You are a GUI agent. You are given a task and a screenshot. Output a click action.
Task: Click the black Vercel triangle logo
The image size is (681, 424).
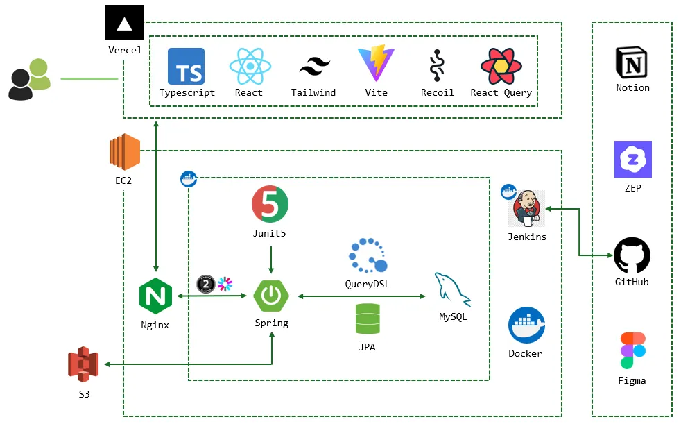point(124,23)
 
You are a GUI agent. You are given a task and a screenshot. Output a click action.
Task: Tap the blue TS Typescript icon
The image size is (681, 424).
point(186,66)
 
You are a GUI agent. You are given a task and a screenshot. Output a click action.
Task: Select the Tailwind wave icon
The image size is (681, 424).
point(314,67)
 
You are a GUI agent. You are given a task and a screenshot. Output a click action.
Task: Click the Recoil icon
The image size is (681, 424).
point(437,67)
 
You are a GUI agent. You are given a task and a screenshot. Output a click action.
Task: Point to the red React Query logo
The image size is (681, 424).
point(501,66)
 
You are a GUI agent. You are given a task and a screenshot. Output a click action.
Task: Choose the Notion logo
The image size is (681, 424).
point(632,62)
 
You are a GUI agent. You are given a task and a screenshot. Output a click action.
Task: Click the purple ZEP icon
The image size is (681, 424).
point(632,160)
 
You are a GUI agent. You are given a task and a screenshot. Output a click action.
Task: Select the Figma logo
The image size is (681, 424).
point(632,350)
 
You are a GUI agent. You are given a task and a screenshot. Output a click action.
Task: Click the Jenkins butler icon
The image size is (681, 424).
point(527,208)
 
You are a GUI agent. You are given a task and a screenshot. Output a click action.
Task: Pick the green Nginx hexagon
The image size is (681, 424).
point(155,296)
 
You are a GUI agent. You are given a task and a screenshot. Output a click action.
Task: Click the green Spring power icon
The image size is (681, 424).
point(271,296)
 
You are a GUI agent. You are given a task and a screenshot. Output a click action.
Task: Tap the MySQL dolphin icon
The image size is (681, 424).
point(452,289)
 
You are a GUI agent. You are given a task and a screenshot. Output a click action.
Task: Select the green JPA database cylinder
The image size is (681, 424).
point(367,320)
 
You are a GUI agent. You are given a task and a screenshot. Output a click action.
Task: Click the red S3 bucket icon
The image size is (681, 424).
point(83,365)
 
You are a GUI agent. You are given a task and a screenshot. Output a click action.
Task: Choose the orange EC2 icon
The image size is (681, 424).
point(124,152)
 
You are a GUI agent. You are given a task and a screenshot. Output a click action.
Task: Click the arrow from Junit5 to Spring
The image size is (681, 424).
point(270,258)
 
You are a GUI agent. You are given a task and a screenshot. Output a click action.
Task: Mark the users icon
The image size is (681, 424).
point(30,78)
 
